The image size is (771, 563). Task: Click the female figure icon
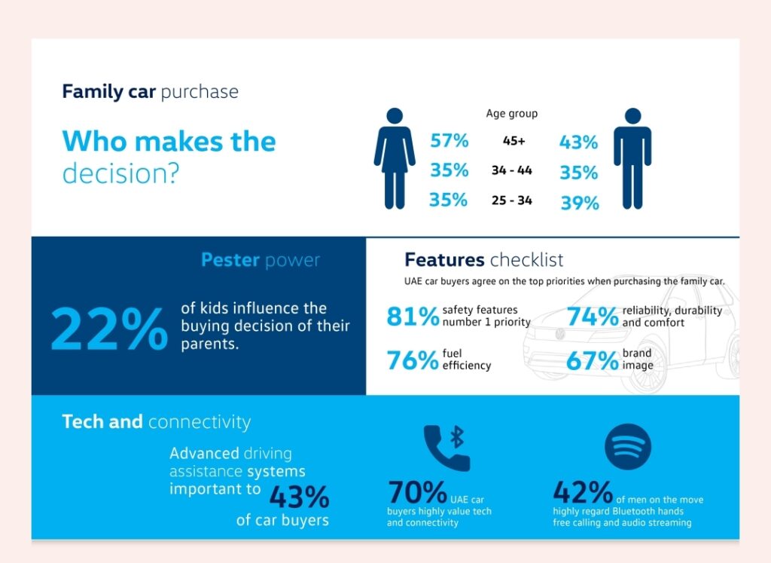point(394,158)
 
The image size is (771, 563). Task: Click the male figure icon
point(632,158)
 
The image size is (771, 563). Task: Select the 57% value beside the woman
point(449,141)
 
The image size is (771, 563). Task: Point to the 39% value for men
point(579,203)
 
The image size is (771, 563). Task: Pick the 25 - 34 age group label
point(512,201)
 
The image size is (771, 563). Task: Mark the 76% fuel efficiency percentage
point(413,360)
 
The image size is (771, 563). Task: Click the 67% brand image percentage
point(592,360)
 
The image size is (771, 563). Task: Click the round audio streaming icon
point(628,447)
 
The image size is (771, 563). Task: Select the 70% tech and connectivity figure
point(418,492)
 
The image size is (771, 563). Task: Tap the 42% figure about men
point(583,492)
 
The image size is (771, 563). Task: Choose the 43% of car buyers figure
point(299,497)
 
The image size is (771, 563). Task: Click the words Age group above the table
point(512,114)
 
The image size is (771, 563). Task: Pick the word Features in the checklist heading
point(444,261)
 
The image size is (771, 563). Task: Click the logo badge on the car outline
point(559,334)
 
